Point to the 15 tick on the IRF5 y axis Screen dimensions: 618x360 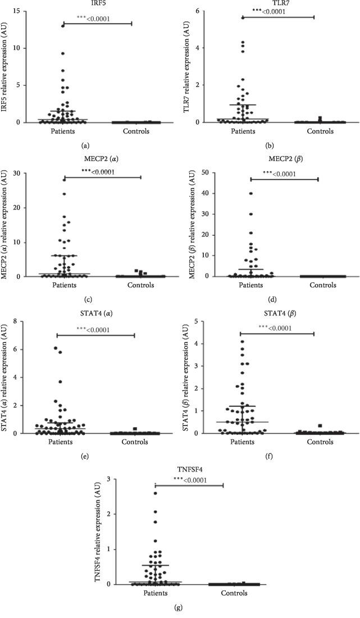pyautogui.click(x=31, y=11)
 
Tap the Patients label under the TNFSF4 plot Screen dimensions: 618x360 pyautogui.click(x=154, y=594)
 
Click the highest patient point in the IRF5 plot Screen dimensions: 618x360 pyautogui.click(x=63, y=26)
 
